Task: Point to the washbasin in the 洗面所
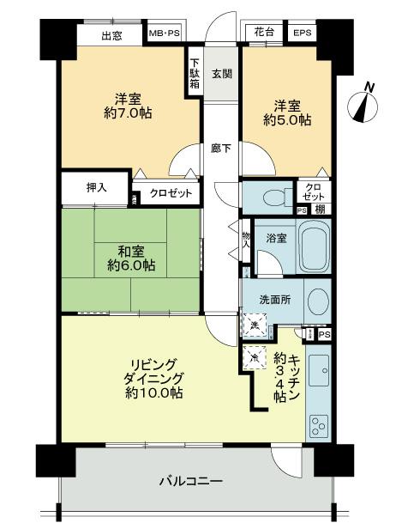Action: pyautogui.click(x=315, y=302)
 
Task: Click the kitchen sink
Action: pyautogui.click(x=317, y=370)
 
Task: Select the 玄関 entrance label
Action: pyautogui.click(x=221, y=75)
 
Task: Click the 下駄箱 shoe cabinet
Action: pyautogui.click(x=195, y=75)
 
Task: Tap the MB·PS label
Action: pyautogui.click(x=165, y=33)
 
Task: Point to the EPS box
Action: pyautogui.click(x=302, y=33)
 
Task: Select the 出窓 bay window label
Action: pyautogui.click(x=111, y=35)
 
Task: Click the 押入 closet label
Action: pyautogui.click(x=96, y=187)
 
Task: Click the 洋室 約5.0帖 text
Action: pyautogui.click(x=286, y=112)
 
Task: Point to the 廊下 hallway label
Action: pyautogui.click(x=221, y=148)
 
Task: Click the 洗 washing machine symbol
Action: pyautogui.click(x=255, y=324)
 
